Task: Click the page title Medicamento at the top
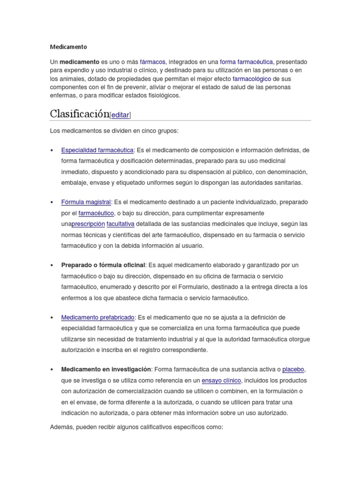(68, 47)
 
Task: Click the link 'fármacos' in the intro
(152, 62)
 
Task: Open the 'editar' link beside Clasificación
(120, 115)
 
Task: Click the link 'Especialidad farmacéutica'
(97, 150)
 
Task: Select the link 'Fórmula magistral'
(86, 202)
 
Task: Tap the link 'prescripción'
(88, 224)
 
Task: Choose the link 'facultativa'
(120, 224)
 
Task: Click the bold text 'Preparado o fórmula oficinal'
(104, 265)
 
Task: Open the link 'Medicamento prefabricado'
(98, 317)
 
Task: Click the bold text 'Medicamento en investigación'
(106, 369)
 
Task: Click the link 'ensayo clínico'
(221, 380)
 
